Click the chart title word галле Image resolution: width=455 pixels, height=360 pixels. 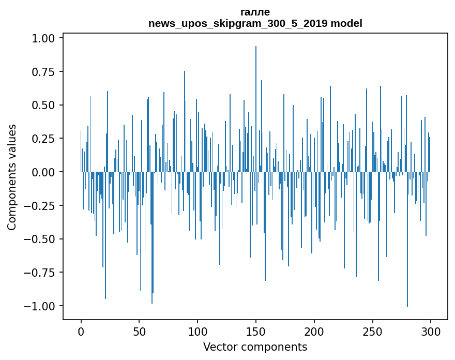(255, 12)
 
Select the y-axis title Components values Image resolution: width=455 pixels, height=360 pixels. (12, 177)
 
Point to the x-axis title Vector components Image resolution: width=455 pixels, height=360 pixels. (255, 347)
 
